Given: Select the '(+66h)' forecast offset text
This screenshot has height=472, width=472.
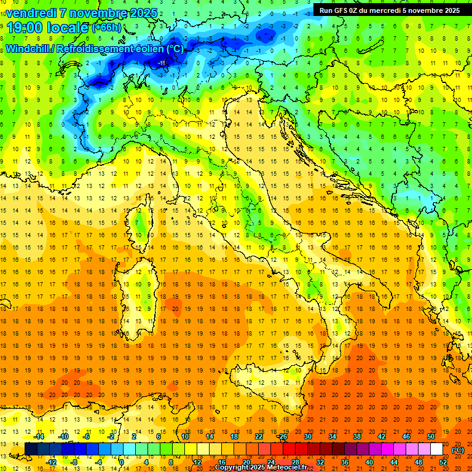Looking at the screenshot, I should pyautogui.click(x=106, y=28).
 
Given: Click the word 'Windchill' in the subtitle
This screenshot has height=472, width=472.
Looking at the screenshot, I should pyautogui.click(x=28, y=49).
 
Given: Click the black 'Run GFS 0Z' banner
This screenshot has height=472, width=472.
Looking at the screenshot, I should pyautogui.click(x=390, y=10).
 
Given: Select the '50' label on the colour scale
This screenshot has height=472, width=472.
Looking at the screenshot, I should pyautogui.click(x=430, y=436).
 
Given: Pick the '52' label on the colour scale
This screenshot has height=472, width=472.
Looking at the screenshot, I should pyautogui.click(x=443, y=462).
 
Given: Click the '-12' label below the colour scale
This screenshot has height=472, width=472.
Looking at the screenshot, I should pyautogui.click(x=51, y=462).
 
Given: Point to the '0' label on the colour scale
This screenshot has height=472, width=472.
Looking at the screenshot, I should pyautogui.click(x=122, y=462).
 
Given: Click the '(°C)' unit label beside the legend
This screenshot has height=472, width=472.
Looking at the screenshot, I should pyautogui.click(x=458, y=450).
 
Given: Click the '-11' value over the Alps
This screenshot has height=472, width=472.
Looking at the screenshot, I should pyautogui.click(x=162, y=63).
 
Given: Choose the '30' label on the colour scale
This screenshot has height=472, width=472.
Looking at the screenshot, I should pyautogui.click(x=307, y=436).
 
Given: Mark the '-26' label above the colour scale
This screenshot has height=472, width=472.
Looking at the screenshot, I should pyautogui.click(x=283, y=436).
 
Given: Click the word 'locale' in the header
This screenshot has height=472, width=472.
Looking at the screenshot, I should pyautogui.click(x=68, y=27).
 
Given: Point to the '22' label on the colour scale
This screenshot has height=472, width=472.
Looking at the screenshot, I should pyautogui.click(x=258, y=436).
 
